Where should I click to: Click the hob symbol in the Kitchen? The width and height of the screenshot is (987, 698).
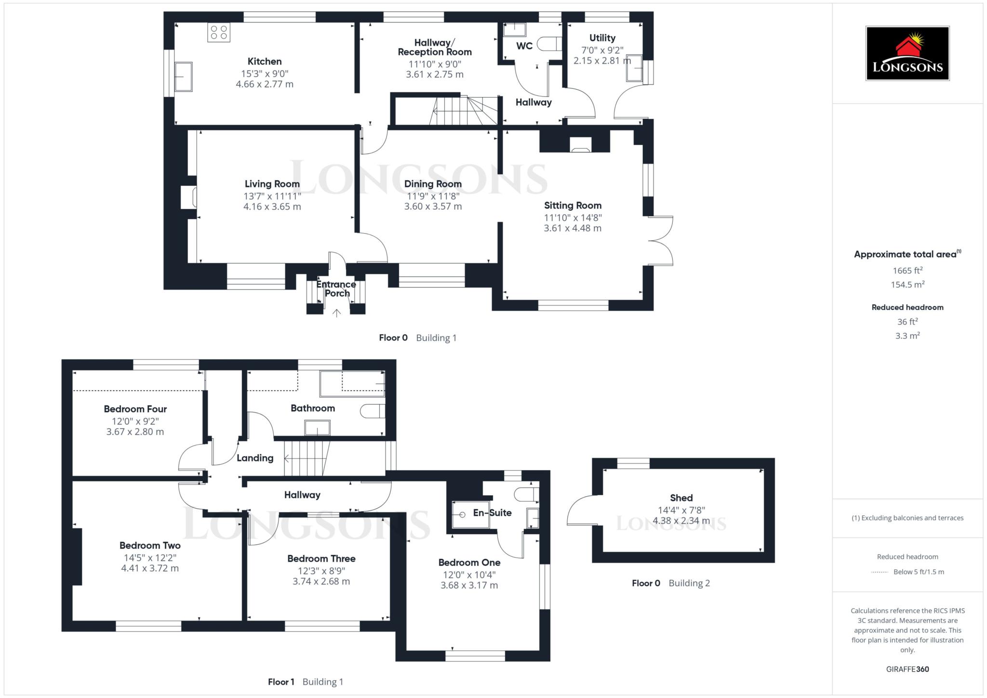(219, 33)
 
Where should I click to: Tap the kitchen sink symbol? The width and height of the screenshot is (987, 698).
(183, 77)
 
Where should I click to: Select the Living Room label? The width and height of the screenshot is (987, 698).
(272, 184)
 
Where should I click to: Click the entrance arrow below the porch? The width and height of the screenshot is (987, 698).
(336, 313)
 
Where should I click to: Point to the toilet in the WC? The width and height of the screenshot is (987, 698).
(549, 44)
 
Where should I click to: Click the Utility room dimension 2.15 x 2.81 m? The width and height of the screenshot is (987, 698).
(602, 61)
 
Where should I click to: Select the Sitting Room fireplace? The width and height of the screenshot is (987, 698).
(579, 145)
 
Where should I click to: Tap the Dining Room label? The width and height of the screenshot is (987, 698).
(433, 184)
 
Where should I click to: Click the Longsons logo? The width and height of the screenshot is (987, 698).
(907, 53)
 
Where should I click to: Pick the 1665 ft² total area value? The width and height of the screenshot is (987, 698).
(907, 271)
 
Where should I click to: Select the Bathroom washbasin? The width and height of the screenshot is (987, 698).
(317, 427)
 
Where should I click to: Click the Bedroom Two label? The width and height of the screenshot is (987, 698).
(150, 545)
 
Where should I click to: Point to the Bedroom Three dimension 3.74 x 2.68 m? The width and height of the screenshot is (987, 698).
(321, 581)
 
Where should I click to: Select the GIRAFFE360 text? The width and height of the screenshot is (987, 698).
(907, 669)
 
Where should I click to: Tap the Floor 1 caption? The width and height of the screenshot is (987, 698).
(281, 682)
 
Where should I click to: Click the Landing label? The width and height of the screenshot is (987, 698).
(255, 458)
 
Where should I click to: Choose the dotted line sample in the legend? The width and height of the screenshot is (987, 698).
(880, 572)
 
